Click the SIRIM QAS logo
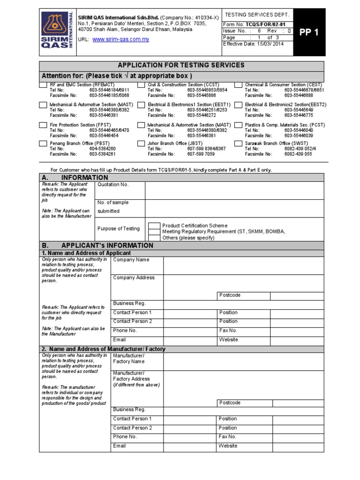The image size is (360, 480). click(x=55, y=29)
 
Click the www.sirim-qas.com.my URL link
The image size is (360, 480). click(x=120, y=39)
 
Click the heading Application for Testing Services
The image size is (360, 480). click(x=181, y=65)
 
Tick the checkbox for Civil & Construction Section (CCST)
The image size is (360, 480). click(x=141, y=85)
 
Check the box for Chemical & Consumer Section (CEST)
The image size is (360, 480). click(x=239, y=85)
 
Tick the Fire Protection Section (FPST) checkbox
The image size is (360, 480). click(x=43, y=126)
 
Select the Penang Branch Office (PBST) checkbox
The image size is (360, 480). click(x=43, y=143)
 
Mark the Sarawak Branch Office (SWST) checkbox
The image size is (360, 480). click(x=239, y=143)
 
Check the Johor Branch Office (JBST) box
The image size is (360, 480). click(x=141, y=143)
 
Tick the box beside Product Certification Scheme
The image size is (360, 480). click(x=154, y=226)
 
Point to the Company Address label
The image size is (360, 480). click(x=134, y=277)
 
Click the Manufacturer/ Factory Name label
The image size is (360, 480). click(x=129, y=359)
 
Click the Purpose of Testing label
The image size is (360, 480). click(x=119, y=229)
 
